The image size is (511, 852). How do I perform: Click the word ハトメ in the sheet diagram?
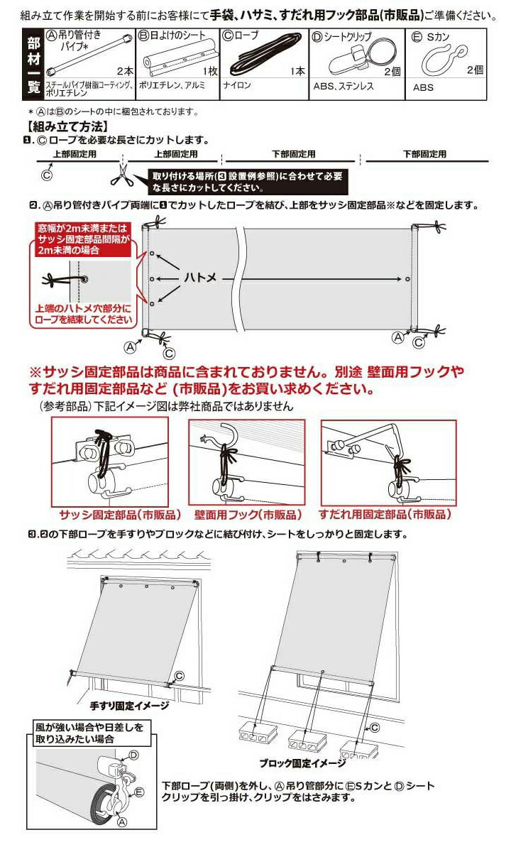[x=200, y=278]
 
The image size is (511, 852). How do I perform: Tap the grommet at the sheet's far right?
[x=407, y=279]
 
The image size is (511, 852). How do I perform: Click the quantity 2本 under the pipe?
[x=126, y=71]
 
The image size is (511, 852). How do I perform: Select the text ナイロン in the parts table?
[x=237, y=84]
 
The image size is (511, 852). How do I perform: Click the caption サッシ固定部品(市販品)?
[x=120, y=515]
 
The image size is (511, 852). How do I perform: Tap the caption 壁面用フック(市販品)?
[x=248, y=515]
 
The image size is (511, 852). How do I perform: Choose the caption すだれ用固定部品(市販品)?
[x=385, y=515]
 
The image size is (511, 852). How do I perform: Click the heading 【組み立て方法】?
[x=67, y=126]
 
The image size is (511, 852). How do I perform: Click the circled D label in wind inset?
[x=134, y=763]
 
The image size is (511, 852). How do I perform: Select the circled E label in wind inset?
[x=140, y=792]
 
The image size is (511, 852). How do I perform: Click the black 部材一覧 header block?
[x=33, y=64]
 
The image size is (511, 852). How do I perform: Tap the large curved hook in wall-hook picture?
[x=224, y=435]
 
